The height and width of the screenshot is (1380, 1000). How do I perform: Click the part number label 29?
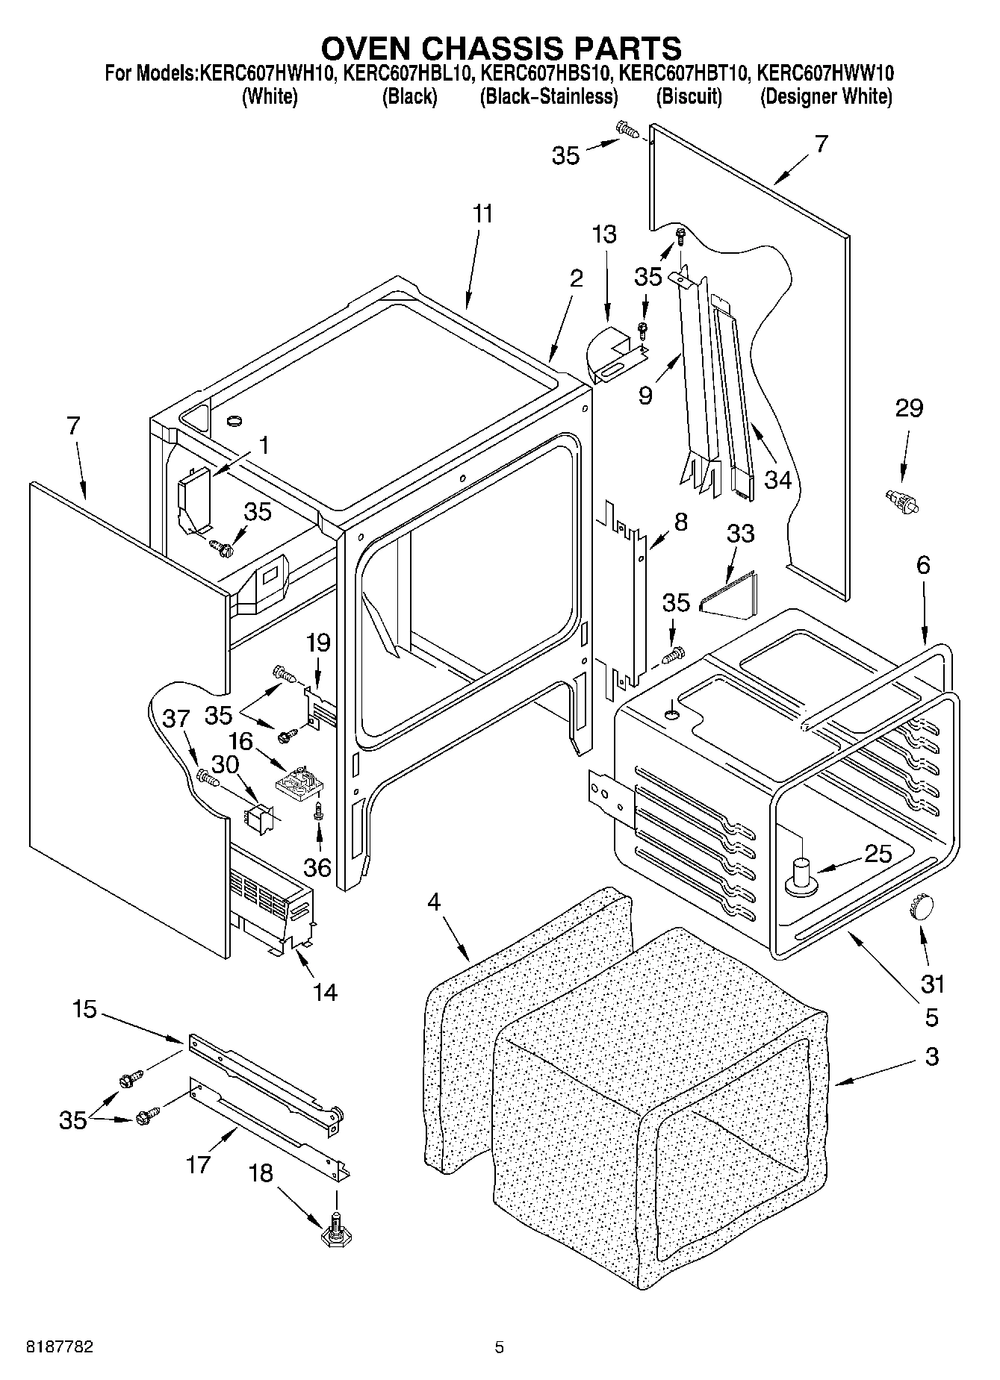coord(909,408)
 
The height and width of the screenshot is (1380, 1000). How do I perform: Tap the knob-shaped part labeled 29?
coord(901,500)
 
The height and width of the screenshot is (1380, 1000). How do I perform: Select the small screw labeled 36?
coord(319,811)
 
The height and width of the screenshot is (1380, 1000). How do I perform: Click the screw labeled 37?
coord(207,778)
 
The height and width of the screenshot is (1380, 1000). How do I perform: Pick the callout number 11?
coord(482,214)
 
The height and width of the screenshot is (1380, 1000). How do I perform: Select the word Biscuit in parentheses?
coord(689,97)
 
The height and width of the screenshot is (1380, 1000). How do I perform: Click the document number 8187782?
coord(60,1346)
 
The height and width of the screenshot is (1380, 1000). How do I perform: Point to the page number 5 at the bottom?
coord(499,1347)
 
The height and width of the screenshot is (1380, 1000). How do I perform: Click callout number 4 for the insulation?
coord(435,902)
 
